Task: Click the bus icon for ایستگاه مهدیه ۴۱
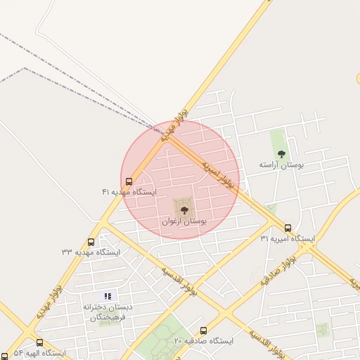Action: pos(128,181)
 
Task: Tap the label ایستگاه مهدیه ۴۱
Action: pos(129,192)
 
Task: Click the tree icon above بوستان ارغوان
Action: pos(184,210)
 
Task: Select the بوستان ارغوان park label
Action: pos(184,221)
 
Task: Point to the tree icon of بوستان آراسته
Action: pos(281,154)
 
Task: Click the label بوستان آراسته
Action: pos(281,165)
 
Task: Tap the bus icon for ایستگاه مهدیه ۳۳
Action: pos(91,242)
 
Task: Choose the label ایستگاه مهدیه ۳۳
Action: pos(91,252)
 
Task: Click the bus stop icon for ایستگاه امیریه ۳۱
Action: pos(288,228)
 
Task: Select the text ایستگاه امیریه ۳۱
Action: pos(288,238)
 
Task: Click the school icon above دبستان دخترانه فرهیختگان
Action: pos(108,296)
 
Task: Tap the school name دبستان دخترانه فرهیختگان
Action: pos(108,312)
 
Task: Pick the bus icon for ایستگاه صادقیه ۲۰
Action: pos(203,330)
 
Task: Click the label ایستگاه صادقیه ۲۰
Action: pos(203,341)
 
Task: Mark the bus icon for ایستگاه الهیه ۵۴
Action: pos(39,342)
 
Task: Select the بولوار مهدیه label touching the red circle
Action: pos(174,124)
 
